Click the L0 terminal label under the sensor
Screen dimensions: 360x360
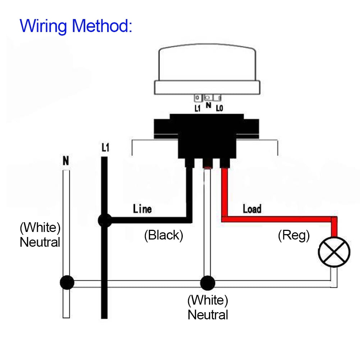(x=219, y=108)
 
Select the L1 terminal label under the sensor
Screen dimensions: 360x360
(x=197, y=108)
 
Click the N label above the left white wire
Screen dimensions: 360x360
(x=66, y=161)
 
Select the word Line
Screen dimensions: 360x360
(x=142, y=209)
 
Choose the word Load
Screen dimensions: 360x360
(x=252, y=209)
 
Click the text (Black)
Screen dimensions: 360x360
(x=164, y=235)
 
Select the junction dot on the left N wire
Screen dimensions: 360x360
(x=67, y=283)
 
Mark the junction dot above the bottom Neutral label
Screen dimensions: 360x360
(x=207, y=283)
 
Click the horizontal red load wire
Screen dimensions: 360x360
(x=277, y=219)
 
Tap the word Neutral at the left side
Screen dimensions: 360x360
(x=40, y=242)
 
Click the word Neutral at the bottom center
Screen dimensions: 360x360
(x=208, y=315)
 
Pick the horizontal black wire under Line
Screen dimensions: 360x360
(x=147, y=219)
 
